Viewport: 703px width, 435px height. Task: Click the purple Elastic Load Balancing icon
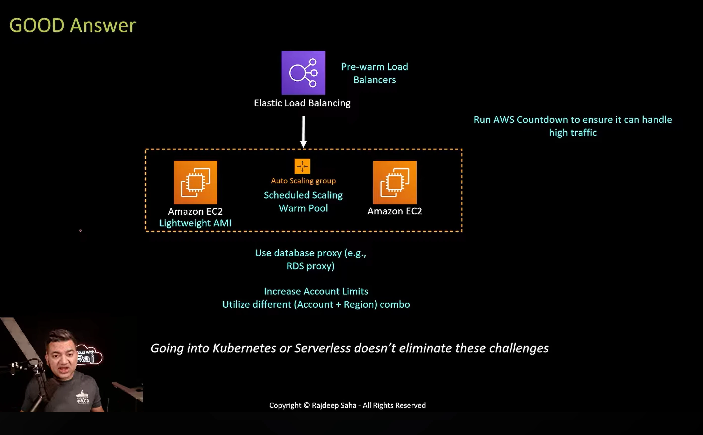point(303,73)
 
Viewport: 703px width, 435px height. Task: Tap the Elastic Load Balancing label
point(302,103)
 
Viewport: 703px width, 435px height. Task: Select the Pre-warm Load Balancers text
point(374,73)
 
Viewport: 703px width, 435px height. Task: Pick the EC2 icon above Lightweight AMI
point(195,182)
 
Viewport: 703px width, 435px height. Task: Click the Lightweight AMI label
point(195,223)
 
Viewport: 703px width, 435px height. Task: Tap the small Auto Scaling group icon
point(302,166)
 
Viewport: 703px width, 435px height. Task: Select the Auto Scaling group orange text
point(303,181)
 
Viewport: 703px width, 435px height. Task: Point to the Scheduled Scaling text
point(303,195)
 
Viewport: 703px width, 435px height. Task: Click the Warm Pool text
point(303,208)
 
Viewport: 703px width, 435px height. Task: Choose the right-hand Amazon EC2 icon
point(395,182)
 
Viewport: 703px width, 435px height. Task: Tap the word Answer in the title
point(103,25)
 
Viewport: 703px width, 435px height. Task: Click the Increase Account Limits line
point(316,291)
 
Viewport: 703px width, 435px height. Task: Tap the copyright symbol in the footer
point(307,405)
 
